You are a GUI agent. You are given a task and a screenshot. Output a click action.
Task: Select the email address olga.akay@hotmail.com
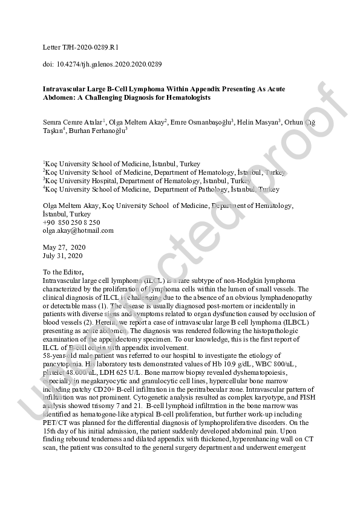[x=78, y=230]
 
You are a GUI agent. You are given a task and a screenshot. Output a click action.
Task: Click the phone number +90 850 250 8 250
[x=71, y=222]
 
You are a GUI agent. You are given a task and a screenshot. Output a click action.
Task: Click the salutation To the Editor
[x=67, y=273]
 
